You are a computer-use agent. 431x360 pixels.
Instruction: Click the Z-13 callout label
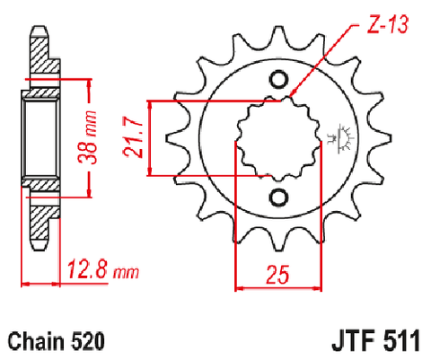tap(387, 24)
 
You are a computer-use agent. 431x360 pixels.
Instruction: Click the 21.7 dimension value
tap(132, 137)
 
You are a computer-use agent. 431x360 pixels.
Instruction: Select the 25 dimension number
tap(277, 274)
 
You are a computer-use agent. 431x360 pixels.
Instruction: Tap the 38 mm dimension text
tap(87, 137)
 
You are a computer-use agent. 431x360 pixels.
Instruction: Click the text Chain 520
tap(57, 341)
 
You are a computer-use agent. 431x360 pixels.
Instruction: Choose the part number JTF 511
tap(375, 340)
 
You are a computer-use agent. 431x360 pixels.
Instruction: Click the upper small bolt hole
tap(278, 79)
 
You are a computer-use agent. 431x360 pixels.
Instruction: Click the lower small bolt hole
tap(278, 198)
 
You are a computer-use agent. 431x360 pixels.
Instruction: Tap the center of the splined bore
tap(278, 138)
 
